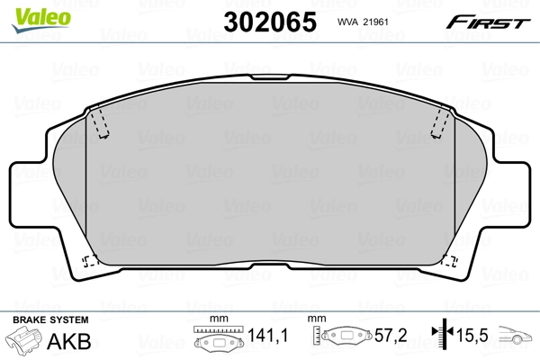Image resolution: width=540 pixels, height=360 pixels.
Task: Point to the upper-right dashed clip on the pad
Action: [440, 121]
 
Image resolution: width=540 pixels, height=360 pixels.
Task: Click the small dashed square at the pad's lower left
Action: [90, 262]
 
